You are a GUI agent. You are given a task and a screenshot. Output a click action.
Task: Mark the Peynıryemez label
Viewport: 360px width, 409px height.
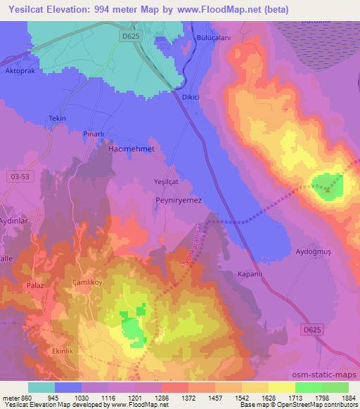178,200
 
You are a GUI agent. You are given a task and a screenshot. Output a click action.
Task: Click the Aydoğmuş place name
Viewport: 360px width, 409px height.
313,251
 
